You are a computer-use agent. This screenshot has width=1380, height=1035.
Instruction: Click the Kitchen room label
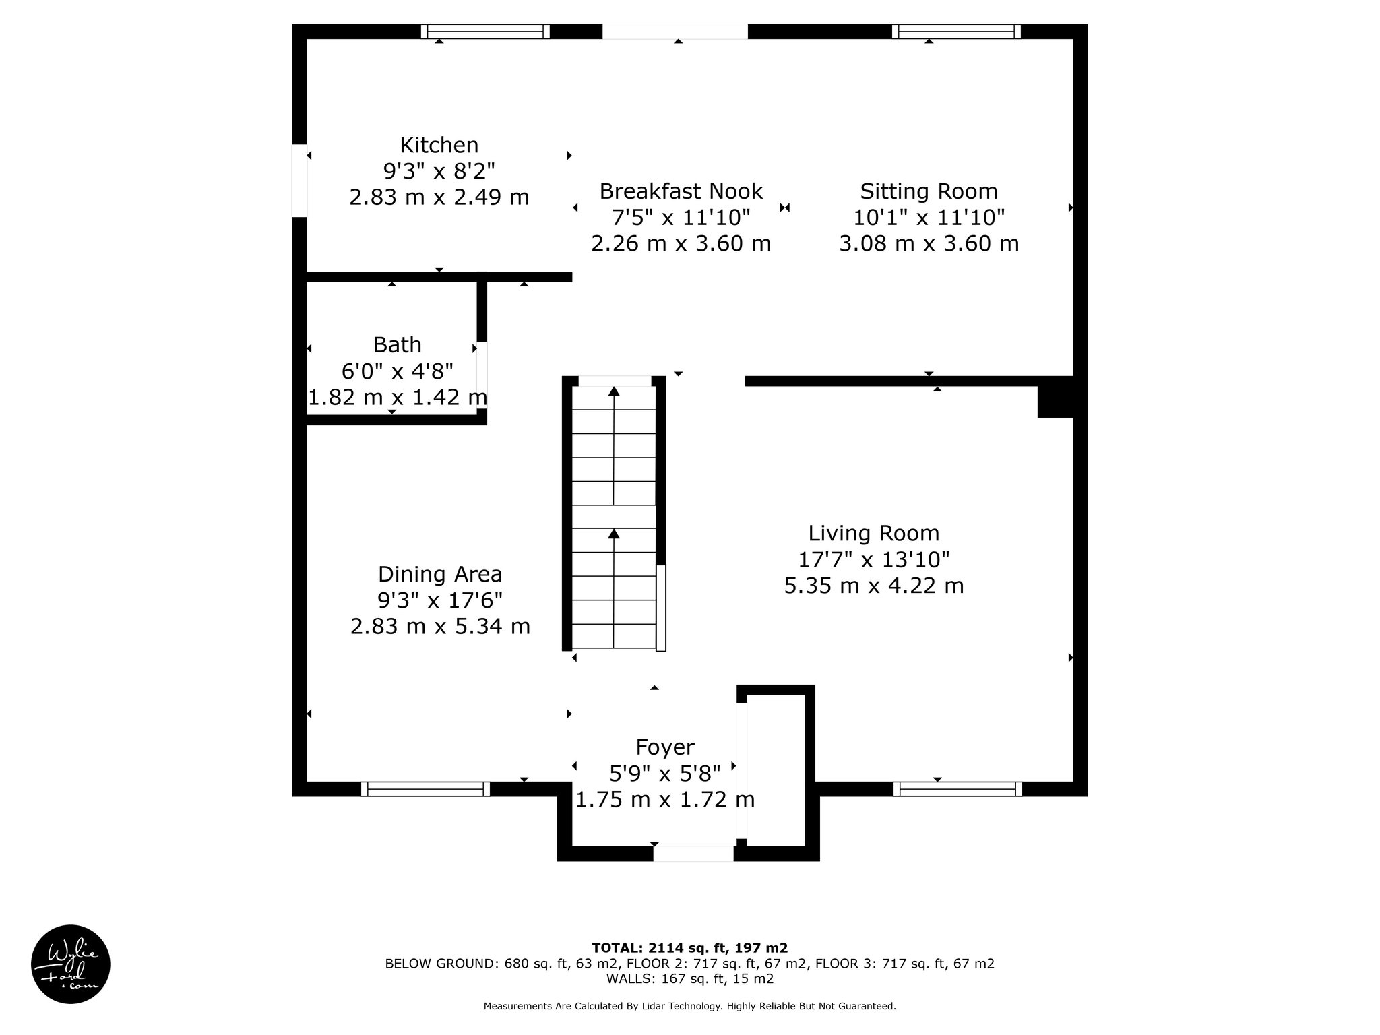tap(439, 145)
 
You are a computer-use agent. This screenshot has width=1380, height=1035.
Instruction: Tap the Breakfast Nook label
tap(681, 191)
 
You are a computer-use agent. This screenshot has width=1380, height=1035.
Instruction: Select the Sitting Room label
tap(929, 191)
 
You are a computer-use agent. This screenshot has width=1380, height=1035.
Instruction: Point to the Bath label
tap(398, 344)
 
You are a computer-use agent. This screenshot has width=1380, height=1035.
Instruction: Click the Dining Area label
tap(440, 574)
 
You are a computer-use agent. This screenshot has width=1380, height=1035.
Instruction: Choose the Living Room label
tap(874, 533)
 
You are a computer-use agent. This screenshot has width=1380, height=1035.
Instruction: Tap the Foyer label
tap(665, 747)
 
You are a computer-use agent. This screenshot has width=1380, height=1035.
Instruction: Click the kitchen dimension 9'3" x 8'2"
tap(439, 171)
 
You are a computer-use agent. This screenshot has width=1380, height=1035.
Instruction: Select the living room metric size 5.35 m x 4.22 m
tap(874, 586)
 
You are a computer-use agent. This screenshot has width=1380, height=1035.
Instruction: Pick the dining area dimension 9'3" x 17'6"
tap(440, 600)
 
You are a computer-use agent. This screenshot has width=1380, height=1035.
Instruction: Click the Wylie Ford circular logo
tap(70, 964)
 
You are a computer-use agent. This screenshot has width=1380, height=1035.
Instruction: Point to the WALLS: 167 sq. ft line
tap(690, 979)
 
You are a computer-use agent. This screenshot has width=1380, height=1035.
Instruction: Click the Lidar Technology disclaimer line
tap(690, 1006)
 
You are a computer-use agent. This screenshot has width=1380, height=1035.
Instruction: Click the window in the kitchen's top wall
tap(485, 32)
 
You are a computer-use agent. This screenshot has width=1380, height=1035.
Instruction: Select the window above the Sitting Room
tap(957, 32)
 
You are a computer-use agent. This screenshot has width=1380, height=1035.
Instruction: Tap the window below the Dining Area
tap(425, 789)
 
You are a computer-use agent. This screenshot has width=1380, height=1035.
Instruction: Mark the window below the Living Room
tap(958, 789)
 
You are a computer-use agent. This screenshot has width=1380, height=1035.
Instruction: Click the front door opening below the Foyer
tap(693, 854)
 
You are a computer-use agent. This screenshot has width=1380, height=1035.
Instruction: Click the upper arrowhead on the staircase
tap(614, 391)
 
